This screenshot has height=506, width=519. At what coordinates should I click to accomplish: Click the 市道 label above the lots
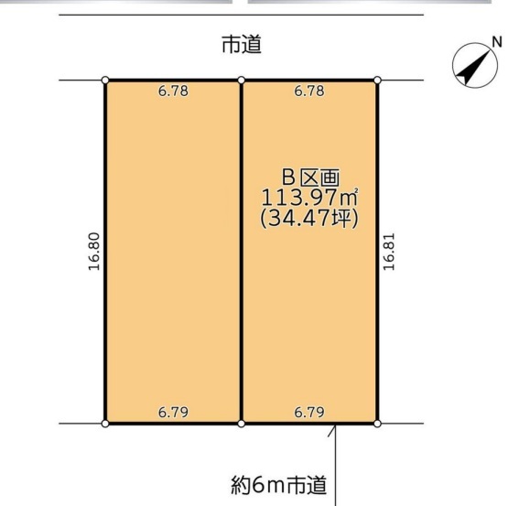tap(242, 45)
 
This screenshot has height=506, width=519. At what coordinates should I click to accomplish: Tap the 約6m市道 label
tap(279, 485)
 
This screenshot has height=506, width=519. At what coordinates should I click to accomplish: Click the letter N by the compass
tap(497, 42)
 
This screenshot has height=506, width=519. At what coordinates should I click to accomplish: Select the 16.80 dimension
tap(94, 252)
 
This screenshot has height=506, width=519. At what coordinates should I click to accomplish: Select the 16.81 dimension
tap(389, 252)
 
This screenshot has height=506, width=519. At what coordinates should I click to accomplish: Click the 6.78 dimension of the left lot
tap(173, 91)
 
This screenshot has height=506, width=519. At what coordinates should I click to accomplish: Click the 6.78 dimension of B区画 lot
tap(309, 91)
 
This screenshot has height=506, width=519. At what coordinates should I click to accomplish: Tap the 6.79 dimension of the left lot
tap(173, 412)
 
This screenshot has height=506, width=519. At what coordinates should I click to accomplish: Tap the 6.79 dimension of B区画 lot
tap(309, 412)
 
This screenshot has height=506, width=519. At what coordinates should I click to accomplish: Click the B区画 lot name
tap(310, 178)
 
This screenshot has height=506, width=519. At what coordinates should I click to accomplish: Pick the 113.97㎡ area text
tap(309, 198)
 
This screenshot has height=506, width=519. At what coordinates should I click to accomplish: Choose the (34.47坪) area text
tap(309, 219)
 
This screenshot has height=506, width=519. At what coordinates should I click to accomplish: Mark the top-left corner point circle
tap(105, 81)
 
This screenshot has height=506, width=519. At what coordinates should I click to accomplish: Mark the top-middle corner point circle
tap(242, 81)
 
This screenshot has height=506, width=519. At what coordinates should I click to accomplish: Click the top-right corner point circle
tap(377, 81)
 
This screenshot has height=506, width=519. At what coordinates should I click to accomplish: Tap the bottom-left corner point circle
tap(105, 424)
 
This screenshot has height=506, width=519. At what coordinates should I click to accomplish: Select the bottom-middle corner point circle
tap(242, 424)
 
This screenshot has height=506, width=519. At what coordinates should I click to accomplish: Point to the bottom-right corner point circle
tap(377, 424)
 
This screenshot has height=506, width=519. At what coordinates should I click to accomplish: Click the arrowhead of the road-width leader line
tap(336, 425)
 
